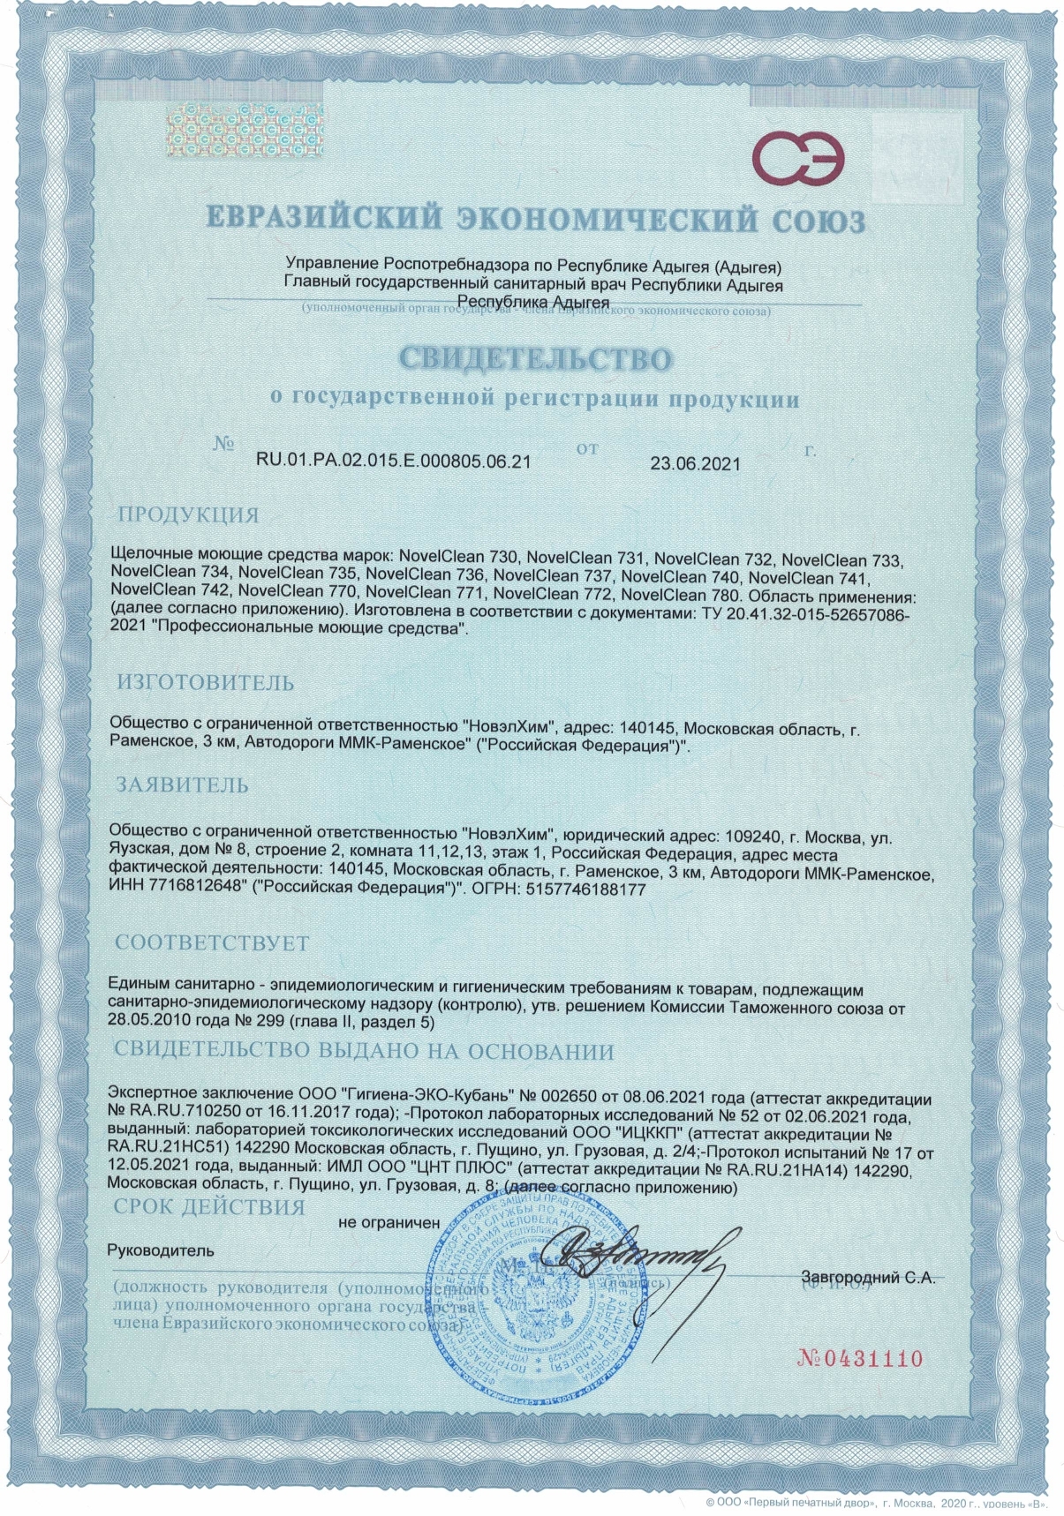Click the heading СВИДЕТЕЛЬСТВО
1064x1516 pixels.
click(534, 358)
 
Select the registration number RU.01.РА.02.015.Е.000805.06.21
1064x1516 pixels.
click(393, 460)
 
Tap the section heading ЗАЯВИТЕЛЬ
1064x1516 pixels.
click(183, 784)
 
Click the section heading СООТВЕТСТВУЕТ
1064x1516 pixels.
click(212, 943)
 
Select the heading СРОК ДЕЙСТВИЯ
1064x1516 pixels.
click(210, 1206)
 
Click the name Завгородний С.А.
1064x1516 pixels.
click(867, 1277)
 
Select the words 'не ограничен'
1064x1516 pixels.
click(389, 1222)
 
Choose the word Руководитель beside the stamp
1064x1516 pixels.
click(160, 1250)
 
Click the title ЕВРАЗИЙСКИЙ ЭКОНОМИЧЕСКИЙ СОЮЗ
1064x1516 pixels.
click(534, 220)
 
